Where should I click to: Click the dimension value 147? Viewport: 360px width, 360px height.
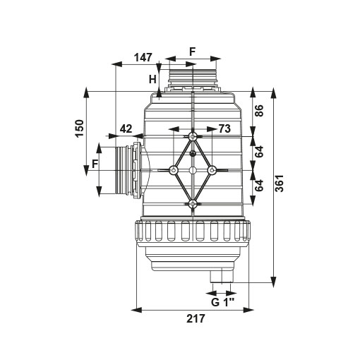coord(143,57)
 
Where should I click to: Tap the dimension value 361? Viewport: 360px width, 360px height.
coord(280,184)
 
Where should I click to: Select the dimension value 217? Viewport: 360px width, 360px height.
coord(196,318)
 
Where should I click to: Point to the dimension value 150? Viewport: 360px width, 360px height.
coord(80,128)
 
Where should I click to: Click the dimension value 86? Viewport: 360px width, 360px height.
coord(259,111)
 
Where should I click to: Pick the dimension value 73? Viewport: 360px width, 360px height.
coord(224,128)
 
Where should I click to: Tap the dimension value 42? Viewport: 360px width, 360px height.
coord(126,129)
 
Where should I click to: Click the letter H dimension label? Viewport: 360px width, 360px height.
coord(152,80)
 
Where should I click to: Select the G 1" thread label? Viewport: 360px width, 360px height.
coord(222,302)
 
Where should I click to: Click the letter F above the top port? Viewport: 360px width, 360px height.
coord(193,52)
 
